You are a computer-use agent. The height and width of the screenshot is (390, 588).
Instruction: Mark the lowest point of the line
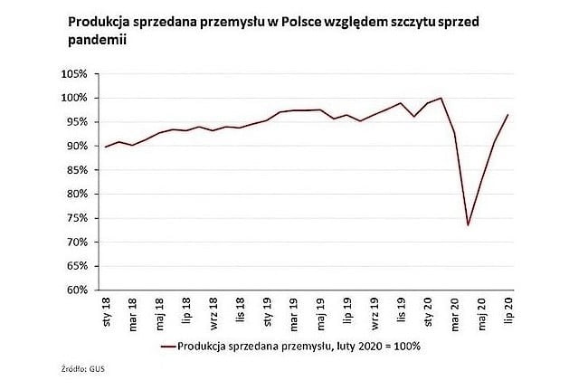(x=468, y=225)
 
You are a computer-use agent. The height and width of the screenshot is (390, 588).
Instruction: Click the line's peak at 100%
(x=441, y=98)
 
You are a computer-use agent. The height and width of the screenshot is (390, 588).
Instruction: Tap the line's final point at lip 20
(x=507, y=115)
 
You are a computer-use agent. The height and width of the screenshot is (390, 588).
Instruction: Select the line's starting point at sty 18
(x=107, y=147)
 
